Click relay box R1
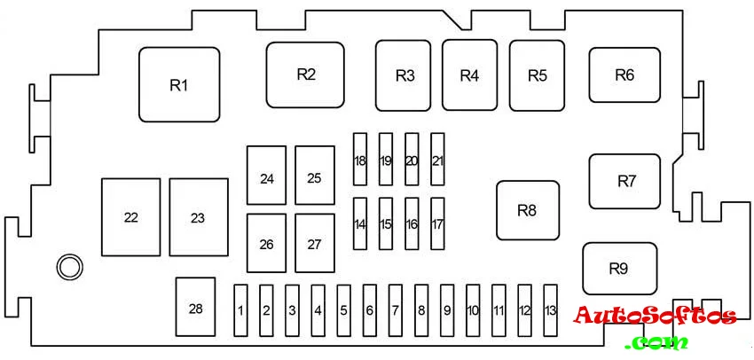179,84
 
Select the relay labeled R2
305,74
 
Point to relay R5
537,75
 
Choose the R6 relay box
624,75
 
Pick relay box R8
528,210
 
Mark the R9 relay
619,268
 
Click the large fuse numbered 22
131,218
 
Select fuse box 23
198,218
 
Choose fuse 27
314,243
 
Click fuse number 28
195,308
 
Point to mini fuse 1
240,310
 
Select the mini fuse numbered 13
551,310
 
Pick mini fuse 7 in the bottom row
396,310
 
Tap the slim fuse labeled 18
359,160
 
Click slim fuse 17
437,224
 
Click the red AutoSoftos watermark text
655,316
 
